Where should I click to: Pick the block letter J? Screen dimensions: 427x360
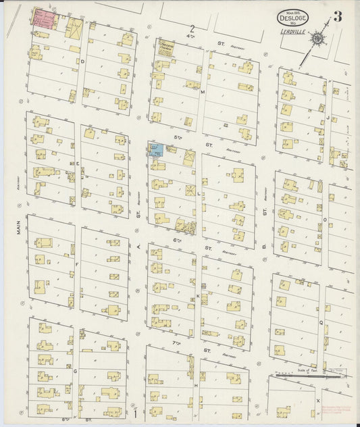coord(327,116)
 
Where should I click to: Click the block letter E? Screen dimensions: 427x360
coord(78,164)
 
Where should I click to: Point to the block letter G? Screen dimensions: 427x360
coord(75,371)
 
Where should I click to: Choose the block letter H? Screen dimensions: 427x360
coord(196,385)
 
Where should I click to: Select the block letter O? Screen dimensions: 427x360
coord(325,219)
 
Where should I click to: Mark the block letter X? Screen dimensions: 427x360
coord(317,400)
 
